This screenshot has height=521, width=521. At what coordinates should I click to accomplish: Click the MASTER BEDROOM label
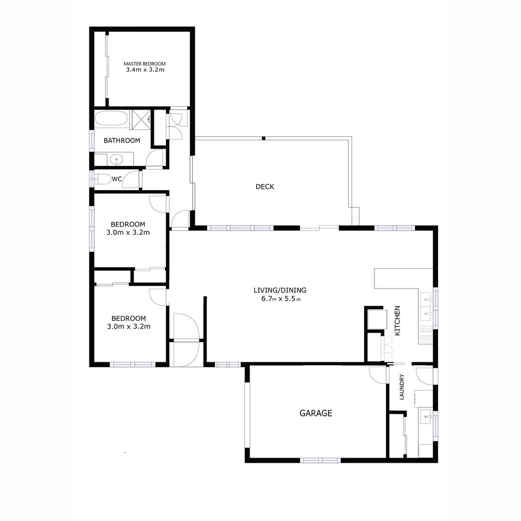coord(145,64)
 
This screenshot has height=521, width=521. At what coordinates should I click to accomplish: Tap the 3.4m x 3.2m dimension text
coord(145,70)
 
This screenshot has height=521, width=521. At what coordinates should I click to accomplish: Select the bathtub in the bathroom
coord(111,119)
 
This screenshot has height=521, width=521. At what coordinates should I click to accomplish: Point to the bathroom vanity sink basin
coord(116,159)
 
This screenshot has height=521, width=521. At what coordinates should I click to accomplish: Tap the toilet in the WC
coord(102,179)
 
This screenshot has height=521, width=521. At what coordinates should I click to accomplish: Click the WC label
coord(117,179)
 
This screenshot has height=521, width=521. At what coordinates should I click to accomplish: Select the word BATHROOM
coord(122,141)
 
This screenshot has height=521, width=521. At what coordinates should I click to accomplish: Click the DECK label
coord(265,187)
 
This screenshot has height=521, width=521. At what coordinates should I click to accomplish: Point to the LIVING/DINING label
coord(280,290)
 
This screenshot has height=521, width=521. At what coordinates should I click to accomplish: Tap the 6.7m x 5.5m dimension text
coord(280,299)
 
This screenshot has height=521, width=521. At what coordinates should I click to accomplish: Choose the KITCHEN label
coord(398,321)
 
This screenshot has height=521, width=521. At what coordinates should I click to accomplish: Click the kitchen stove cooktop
coord(425,334)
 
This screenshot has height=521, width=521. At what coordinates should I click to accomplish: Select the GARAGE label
coord(316,413)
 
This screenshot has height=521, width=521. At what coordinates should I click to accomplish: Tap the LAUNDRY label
coord(401,387)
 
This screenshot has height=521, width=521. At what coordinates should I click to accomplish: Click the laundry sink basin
coord(426,415)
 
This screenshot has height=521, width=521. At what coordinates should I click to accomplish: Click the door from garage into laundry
coord(378,375)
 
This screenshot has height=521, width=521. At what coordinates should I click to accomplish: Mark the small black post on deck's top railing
coord(263,138)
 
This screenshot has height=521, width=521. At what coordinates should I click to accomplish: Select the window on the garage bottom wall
coord(320,460)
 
